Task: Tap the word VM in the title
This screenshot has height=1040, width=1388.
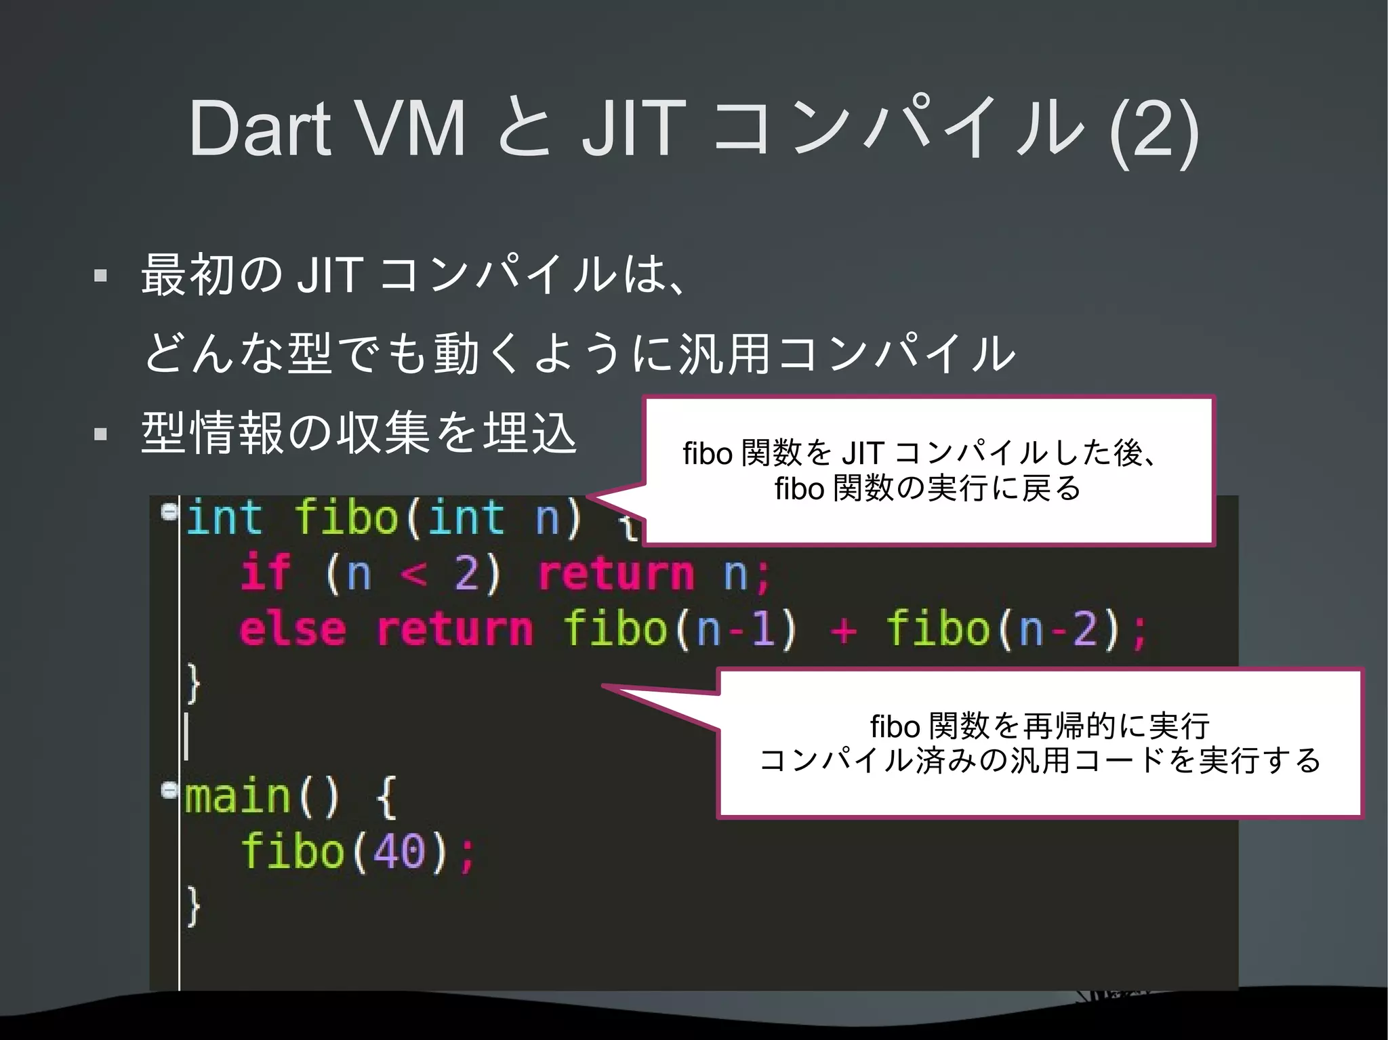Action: coord(411,129)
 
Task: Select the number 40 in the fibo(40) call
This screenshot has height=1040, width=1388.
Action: coord(399,852)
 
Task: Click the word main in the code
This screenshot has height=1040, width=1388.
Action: coord(237,797)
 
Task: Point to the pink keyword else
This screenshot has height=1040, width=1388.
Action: coord(293,629)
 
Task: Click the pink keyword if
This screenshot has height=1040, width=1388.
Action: coord(266,573)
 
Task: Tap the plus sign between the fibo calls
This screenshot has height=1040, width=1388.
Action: coord(843,630)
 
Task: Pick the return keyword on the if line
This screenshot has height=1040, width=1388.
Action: coord(615,575)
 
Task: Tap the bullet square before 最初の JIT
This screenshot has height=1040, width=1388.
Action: coord(101,276)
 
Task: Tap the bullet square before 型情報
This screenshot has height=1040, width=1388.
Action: coord(101,434)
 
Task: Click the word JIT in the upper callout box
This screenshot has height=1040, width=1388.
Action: coord(862,453)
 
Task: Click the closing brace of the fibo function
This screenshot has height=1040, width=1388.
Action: coord(194,684)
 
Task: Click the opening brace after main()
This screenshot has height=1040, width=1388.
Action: coord(386,798)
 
